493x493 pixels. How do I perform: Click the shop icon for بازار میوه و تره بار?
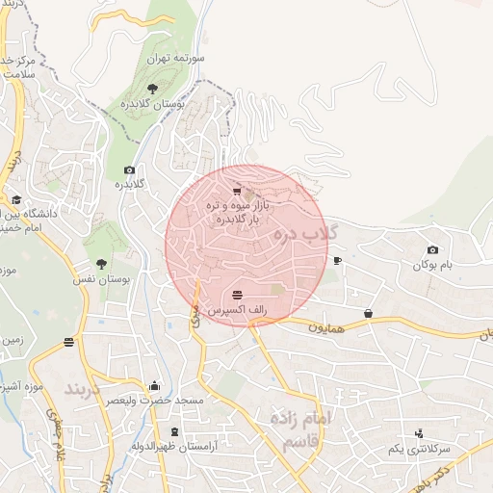tap(237, 192)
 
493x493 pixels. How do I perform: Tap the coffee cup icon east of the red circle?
tap(337, 260)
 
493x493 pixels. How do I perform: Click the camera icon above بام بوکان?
tap(431, 250)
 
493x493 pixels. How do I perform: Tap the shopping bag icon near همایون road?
tap(369, 313)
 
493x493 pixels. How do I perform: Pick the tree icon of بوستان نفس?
tap(101, 263)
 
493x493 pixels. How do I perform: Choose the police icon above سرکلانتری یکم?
tap(419, 433)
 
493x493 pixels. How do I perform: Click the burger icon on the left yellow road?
tap(69, 342)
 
